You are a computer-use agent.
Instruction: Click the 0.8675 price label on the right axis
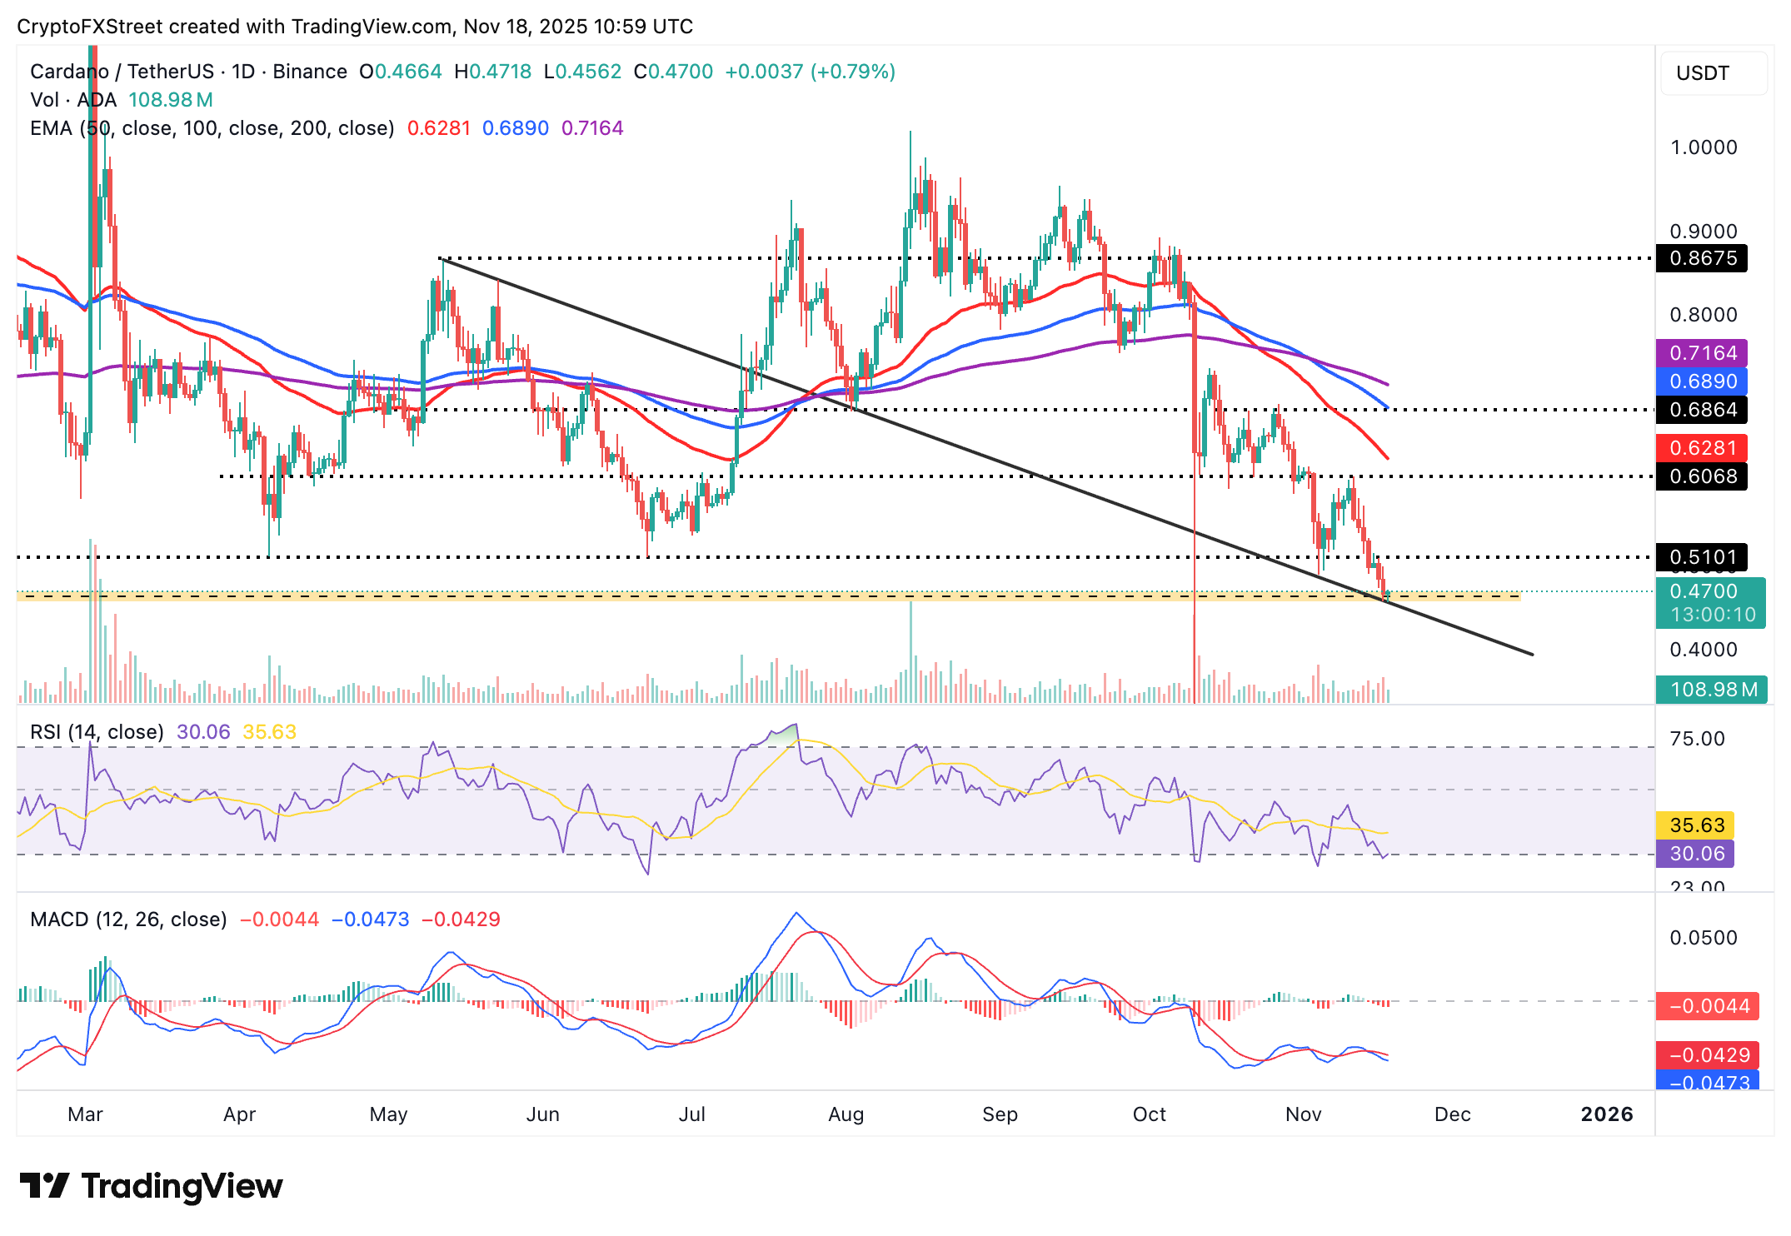(x=1702, y=258)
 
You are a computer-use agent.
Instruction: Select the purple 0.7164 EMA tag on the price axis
(x=1702, y=353)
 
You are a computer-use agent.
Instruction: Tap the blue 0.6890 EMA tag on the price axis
(x=1702, y=381)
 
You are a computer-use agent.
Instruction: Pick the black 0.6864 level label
(x=1702, y=410)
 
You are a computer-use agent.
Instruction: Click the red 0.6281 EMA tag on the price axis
(x=1702, y=448)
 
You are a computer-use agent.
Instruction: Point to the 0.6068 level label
(x=1702, y=476)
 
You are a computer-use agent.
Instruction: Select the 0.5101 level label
(x=1702, y=557)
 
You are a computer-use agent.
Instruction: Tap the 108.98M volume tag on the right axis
(x=1712, y=690)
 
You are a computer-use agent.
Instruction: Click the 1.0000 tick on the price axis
(x=1704, y=147)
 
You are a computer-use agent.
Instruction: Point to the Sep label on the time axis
(x=1000, y=1114)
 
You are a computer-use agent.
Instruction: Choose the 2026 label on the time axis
(x=1606, y=1114)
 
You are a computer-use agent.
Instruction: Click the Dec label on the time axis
(x=1452, y=1114)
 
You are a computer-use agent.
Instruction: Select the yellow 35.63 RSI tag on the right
(x=1696, y=825)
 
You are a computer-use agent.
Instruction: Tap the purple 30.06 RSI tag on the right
(x=1696, y=854)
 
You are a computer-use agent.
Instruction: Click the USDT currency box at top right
(x=1713, y=73)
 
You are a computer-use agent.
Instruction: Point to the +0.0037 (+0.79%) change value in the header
(x=810, y=72)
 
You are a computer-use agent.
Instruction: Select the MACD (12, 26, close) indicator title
(x=128, y=920)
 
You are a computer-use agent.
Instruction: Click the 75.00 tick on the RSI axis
(x=1697, y=739)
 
